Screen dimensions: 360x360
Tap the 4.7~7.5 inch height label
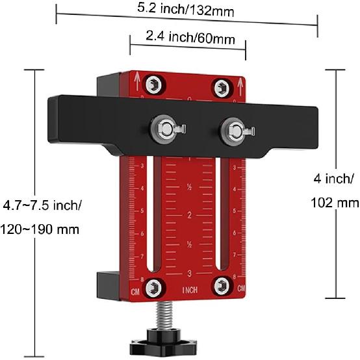click(42, 206)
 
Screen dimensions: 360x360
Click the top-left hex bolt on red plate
click(154, 85)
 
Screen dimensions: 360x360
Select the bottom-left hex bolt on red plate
click(155, 286)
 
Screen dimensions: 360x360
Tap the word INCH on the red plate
click(190, 289)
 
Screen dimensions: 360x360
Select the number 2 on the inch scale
click(189, 215)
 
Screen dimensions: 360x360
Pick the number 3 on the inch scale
click(189, 273)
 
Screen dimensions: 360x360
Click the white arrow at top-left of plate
click(137, 79)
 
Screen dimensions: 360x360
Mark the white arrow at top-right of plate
click(240, 83)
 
